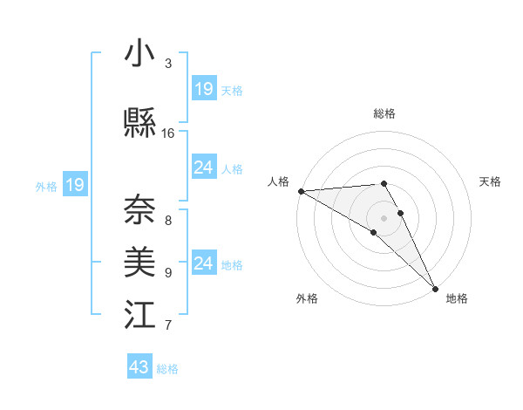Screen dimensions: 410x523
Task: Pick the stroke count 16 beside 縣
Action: pos(168,133)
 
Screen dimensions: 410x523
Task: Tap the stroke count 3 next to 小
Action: pos(168,64)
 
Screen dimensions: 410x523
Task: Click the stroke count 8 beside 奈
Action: pos(168,220)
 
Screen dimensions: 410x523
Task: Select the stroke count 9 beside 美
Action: pos(168,272)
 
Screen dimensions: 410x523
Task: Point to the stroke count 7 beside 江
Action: pos(168,325)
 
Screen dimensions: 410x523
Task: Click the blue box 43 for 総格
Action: pos(139,367)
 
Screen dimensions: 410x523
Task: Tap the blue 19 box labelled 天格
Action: pos(204,88)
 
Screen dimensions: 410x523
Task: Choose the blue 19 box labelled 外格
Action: pos(74,184)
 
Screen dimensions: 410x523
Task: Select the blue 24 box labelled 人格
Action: pos(204,167)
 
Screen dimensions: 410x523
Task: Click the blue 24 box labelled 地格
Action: pos(204,263)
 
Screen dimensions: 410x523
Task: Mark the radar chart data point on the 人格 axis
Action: pos(300,191)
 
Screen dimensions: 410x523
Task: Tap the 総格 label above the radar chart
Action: pos(384,113)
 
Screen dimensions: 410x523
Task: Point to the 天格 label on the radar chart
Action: pos(491,181)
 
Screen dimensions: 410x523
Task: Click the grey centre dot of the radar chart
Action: pos(384,217)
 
